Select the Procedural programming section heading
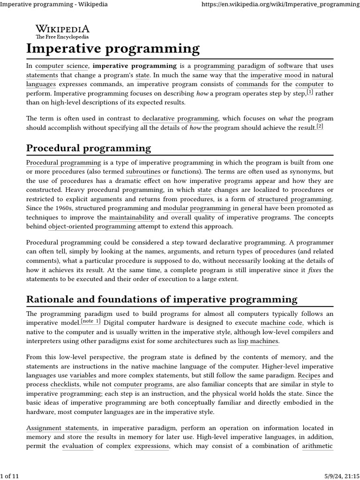(x=89, y=148)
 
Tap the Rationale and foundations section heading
(x=162, y=299)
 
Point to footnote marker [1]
(x=310, y=92)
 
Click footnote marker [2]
(x=320, y=126)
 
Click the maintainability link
(x=132, y=217)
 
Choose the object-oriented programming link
(x=92, y=226)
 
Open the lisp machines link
(x=257, y=341)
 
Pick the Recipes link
(x=308, y=375)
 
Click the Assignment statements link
(x=62, y=427)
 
